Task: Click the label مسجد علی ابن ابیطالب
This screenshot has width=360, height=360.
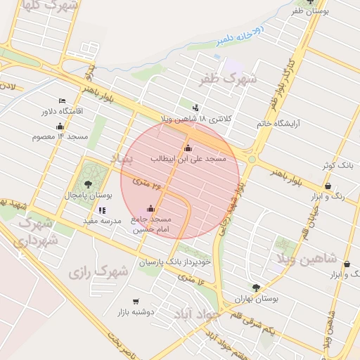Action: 188,160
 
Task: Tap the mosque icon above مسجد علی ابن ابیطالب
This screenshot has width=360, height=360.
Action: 188,148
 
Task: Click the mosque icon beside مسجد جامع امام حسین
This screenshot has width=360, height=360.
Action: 150,208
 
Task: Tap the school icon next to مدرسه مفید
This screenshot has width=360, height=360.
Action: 103,210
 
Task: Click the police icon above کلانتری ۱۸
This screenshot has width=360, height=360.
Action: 195,108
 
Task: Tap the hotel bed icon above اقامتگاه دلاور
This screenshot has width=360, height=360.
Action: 62,101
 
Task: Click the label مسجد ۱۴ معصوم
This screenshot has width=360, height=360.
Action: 59,136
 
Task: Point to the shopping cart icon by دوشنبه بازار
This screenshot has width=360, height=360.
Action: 136,302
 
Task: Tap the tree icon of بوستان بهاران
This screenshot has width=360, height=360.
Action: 256,288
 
